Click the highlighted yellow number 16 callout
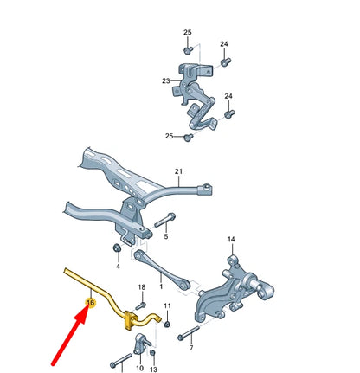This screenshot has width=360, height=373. (x=89, y=302)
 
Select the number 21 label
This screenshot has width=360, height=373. (x=179, y=171)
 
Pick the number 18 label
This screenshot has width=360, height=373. (x=141, y=286)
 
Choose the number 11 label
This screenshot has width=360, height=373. (x=168, y=306)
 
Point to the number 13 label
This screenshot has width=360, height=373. (x=153, y=368)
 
